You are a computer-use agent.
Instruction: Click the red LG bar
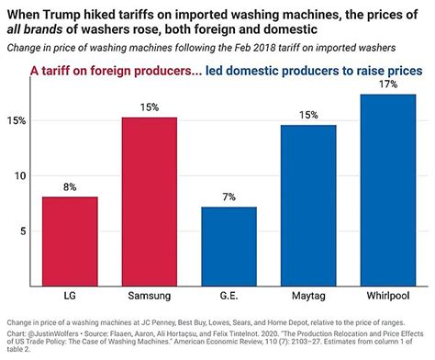pos(70,241)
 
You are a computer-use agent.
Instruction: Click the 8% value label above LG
pos(70,187)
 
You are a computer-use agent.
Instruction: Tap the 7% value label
pos(229,197)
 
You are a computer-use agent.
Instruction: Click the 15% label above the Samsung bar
pos(149,107)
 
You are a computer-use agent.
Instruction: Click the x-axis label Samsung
pos(149,298)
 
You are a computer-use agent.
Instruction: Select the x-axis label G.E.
pos(229,298)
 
